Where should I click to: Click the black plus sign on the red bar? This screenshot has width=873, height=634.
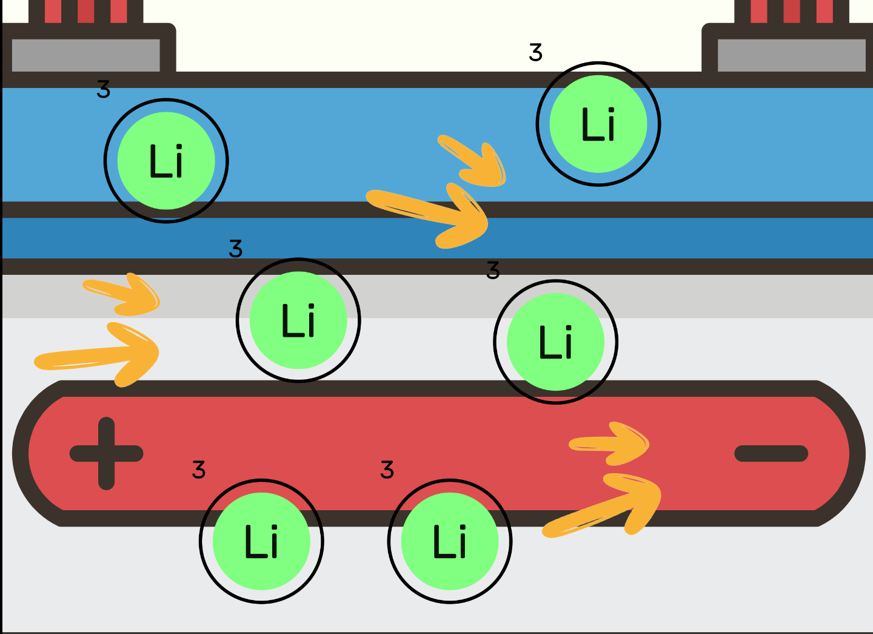click(x=107, y=453)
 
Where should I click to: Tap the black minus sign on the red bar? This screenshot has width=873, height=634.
click(x=771, y=453)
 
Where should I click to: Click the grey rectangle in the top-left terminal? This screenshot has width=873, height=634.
click(x=85, y=55)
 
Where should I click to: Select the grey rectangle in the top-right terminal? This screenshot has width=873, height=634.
click(x=791, y=55)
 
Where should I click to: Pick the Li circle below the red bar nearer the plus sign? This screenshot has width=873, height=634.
click(x=261, y=541)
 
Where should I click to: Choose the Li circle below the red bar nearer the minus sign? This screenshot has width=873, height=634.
click(x=450, y=541)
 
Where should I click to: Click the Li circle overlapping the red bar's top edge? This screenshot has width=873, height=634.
click(x=555, y=342)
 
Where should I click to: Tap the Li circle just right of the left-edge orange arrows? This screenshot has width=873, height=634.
click(x=298, y=320)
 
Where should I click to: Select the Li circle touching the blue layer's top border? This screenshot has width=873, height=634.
click(x=598, y=124)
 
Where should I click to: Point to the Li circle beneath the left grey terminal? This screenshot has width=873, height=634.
click(x=166, y=161)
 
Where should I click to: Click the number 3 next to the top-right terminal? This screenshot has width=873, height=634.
click(x=535, y=53)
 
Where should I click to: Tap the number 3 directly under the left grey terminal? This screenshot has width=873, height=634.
click(x=104, y=90)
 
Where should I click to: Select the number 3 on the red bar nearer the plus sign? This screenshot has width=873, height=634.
click(x=199, y=470)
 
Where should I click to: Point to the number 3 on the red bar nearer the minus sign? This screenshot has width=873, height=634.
click(x=387, y=470)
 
